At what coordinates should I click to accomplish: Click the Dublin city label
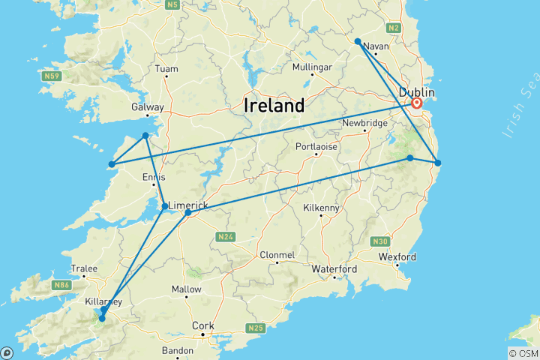(417, 91)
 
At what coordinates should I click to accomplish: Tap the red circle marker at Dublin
(417, 103)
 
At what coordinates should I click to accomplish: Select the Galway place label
(147, 107)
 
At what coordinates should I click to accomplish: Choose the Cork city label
(203, 325)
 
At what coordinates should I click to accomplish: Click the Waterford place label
(334, 268)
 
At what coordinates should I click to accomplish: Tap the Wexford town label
(397, 257)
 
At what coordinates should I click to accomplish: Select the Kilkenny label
(321, 208)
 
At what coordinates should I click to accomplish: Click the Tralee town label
(83, 268)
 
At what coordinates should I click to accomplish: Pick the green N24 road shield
(226, 237)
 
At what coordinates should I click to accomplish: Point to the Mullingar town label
(312, 67)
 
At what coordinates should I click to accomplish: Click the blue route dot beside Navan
(358, 41)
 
